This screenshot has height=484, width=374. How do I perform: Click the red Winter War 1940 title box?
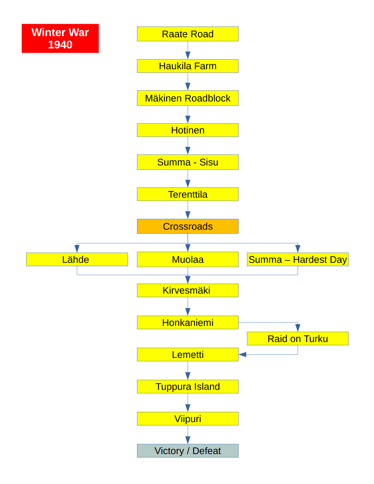pos(60,38)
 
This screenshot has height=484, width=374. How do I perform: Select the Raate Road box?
pos(188,34)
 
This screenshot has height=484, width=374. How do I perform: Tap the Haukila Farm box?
pos(188,66)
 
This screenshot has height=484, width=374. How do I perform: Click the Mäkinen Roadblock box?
pos(188,98)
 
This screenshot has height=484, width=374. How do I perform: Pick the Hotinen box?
pos(188,130)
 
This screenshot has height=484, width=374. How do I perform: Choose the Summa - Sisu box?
pos(188,162)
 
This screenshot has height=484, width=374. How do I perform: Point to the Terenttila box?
pos(188,194)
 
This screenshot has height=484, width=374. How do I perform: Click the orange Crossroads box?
pos(188,226)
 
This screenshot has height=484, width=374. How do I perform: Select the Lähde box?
pos(77,259)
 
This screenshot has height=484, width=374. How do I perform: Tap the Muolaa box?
pos(188,259)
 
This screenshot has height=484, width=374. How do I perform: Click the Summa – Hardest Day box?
pos(298,259)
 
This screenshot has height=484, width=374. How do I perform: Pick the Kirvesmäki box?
pos(188,290)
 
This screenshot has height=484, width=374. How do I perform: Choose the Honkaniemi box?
pos(188,322)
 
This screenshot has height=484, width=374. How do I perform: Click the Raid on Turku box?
pos(298,339)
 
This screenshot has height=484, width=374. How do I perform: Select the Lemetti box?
pos(188,354)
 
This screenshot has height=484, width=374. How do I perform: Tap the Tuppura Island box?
pos(188,386)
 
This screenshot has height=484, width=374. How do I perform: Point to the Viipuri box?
pos(188,419)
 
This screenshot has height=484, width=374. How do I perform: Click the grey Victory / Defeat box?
pos(188,451)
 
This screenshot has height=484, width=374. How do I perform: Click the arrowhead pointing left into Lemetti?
pos(243,354)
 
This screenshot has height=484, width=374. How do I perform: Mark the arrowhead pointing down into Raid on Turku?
pos(298,328)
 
